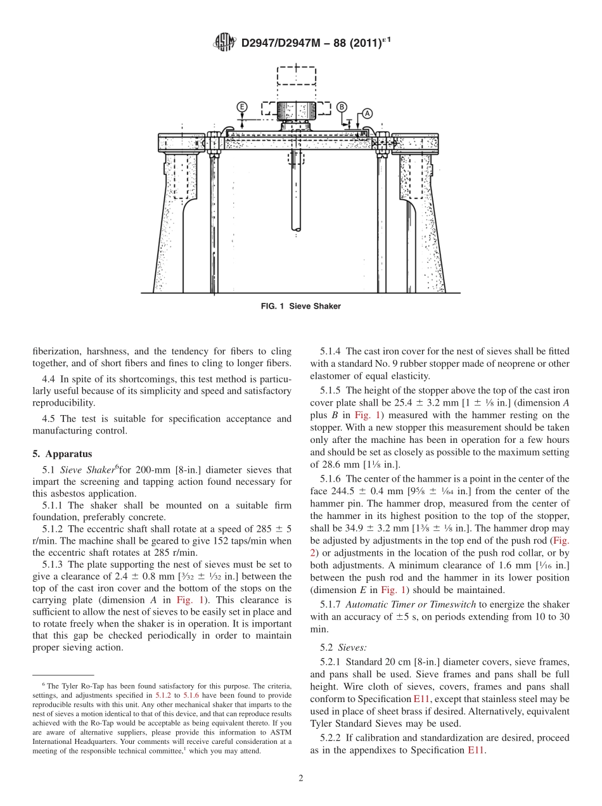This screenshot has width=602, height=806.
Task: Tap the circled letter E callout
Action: tap(242, 107)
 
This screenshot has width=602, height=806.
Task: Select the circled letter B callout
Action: tap(342, 107)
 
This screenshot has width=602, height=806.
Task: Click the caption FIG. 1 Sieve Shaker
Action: tap(300, 306)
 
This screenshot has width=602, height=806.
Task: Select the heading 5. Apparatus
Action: tap(62, 454)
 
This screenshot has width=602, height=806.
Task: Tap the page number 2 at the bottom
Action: tap(300, 779)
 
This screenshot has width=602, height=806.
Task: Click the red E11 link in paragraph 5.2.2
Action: tap(476, 750)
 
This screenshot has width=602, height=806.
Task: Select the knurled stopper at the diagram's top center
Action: tap(295, 113)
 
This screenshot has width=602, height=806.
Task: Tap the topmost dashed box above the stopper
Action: tap(296, 80)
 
